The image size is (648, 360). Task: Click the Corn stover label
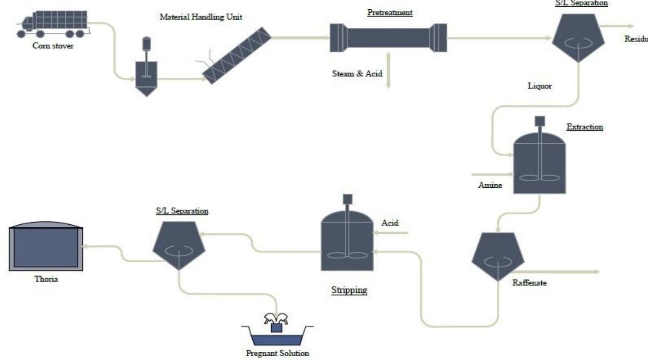pos(53,46)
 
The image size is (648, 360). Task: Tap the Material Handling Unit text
pos(201,17)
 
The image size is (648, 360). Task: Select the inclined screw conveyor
pos(237,55)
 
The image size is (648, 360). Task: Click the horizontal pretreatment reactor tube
pos(388,38)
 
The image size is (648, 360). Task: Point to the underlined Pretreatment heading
pos(390,12)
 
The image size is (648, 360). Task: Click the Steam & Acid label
pos(357,74)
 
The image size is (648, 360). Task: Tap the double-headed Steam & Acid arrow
pos(388,70)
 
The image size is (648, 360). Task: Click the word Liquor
pos(540,86)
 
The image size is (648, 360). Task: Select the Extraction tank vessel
pos(539,163)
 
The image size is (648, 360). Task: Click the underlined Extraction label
pos(584,127)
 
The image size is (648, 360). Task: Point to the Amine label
pos(490,185)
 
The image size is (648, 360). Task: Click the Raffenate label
pos(529,283)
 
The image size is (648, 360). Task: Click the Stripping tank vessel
pos(347,241)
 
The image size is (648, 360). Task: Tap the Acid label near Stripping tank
pos(390,223)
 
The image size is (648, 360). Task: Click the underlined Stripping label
pos(349,290)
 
